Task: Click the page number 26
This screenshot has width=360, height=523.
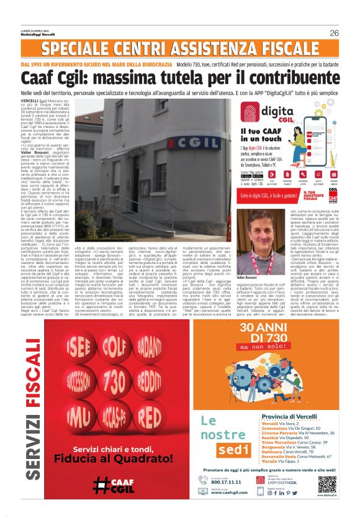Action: [335, 33]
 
